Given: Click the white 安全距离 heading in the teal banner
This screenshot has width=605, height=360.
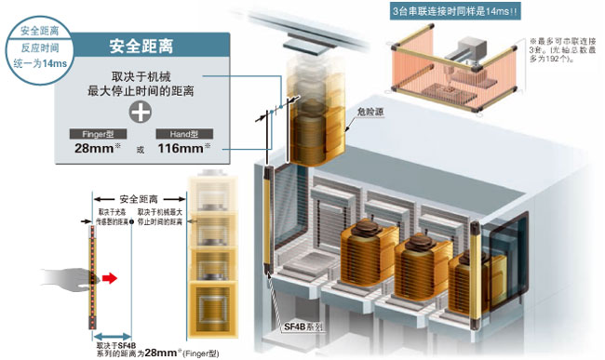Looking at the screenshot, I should [x=139, y=45].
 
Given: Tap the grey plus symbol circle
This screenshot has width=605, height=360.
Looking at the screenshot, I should [x=140, y=113].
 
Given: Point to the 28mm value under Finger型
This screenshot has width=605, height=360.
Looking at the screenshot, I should [x=94, y=149].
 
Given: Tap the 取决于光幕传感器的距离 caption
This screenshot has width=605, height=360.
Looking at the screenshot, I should [x=98, y=219].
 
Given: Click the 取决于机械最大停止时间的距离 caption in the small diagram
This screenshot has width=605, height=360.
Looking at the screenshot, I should [x=159, y=219].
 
